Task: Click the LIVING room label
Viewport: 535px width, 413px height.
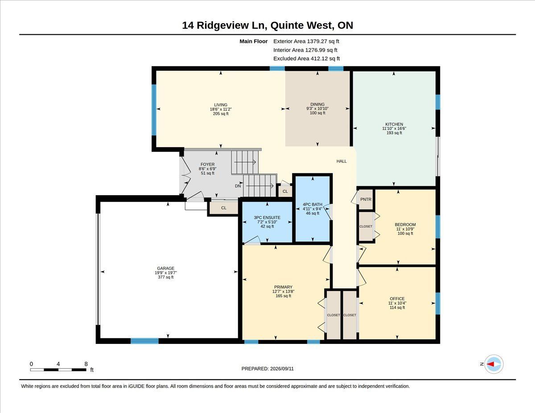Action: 221,105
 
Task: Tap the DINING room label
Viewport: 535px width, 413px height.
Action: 317,104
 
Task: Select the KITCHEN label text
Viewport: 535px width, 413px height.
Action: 394,124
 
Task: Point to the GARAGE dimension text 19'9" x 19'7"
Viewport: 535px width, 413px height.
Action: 166,273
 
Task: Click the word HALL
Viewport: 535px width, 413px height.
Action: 342,161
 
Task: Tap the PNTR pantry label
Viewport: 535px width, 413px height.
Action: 366,200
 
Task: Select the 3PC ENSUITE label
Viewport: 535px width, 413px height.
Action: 267,217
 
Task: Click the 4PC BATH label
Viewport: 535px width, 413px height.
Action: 313,204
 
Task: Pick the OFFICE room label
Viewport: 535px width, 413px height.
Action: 397,299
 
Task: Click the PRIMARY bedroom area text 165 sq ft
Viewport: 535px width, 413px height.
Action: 284,296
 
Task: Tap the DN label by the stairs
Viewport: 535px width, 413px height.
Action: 238,186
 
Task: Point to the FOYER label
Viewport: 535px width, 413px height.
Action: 208,164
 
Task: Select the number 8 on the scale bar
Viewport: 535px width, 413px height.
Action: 86,364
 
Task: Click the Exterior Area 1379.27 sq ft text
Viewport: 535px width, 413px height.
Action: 306,41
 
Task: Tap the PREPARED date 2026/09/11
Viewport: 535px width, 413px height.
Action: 282,369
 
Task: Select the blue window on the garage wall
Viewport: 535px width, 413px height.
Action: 144,341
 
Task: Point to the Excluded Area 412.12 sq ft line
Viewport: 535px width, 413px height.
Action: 307,58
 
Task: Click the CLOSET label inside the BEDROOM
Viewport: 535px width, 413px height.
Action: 366,226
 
